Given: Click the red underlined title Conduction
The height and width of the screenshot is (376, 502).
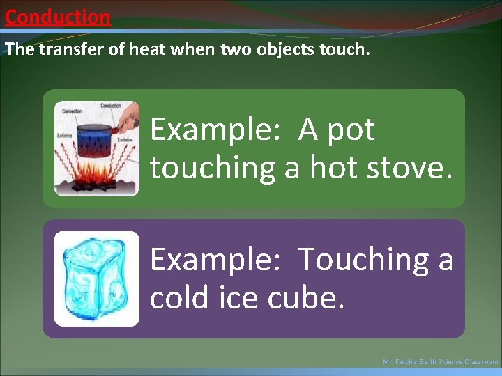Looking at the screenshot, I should [57, 17].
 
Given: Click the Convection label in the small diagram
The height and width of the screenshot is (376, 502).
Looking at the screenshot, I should [72, 111].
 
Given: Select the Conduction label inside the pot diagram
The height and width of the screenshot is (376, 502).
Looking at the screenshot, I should [110, 106].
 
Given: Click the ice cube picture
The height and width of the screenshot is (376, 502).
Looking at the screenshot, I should [96, 279].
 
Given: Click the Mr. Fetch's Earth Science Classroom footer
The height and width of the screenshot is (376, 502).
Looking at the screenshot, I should [440, 362].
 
